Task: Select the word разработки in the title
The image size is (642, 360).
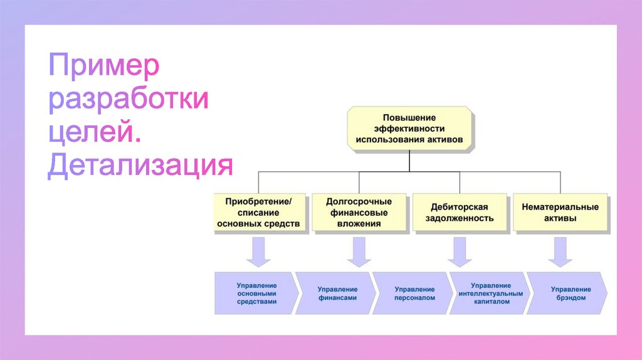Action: click(129, 98)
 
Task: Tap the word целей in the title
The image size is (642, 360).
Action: click(95, 132)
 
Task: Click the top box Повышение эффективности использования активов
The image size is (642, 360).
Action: click(409, 128)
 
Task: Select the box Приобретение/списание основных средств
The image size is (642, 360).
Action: click(260, 212)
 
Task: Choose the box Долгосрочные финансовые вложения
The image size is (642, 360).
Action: click(359, 212)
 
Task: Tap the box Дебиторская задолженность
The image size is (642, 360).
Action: click(460, 212)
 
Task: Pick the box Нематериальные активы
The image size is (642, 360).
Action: click(560, 212)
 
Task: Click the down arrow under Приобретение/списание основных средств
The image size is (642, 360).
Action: click(258, 252)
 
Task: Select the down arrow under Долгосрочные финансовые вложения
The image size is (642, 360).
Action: click(359, 252)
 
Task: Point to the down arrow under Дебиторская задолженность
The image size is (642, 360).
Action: click(460, 252)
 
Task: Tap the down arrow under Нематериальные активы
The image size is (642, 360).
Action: click(560, 252)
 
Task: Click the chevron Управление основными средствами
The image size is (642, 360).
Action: click(256, 294)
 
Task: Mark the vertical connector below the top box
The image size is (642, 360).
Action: click(409, 161)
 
